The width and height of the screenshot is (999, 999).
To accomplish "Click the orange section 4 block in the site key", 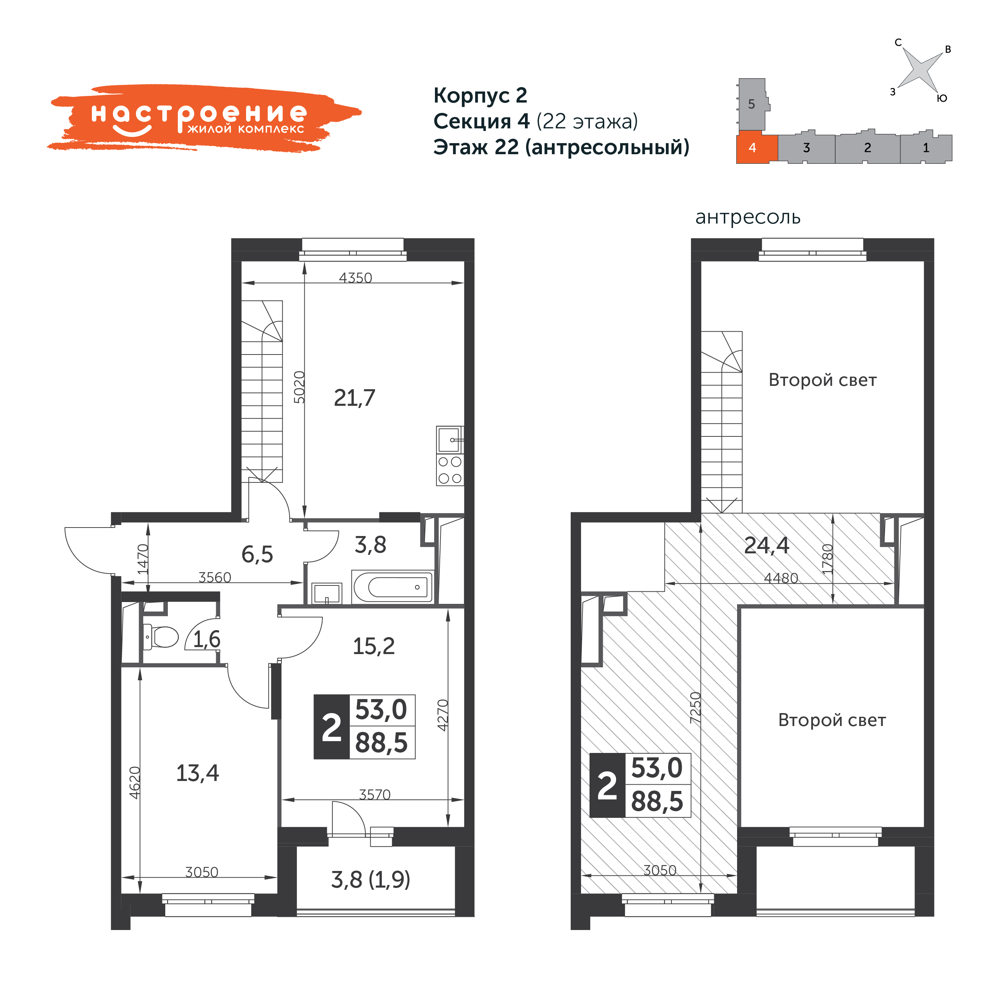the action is pyautogui.click(x=757, y=148).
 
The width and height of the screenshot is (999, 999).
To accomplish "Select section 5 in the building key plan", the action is pyautogui.click(x=752, y=104).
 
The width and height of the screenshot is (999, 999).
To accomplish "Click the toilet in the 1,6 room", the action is pyautogui.click(x=161, y=636).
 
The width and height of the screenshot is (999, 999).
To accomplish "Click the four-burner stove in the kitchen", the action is pyautogui.click(x=450, y=470).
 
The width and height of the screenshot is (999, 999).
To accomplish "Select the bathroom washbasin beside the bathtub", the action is pyautogui.click(x=327, y=593).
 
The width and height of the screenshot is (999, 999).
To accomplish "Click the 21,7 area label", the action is pyautogui.click(x=355, y=398).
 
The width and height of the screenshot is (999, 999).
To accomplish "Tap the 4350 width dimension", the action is pyautogui.click(x=355, y=278).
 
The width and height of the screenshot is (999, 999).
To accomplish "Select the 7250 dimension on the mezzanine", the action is pyautogui.click(x=695, y=707).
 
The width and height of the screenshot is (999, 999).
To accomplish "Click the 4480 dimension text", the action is pyautogui.click(x=781, y=578).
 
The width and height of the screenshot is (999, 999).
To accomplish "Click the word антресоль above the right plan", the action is pyautogui.click(x=748, y=217).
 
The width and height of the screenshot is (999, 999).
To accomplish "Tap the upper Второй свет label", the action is pyautogui.click(x=823, y=380).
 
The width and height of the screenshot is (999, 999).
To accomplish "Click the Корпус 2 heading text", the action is pyautogui.click(x=480, y=96).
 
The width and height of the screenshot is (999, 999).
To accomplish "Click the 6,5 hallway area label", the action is pyautogui.click(x=257, y=554).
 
